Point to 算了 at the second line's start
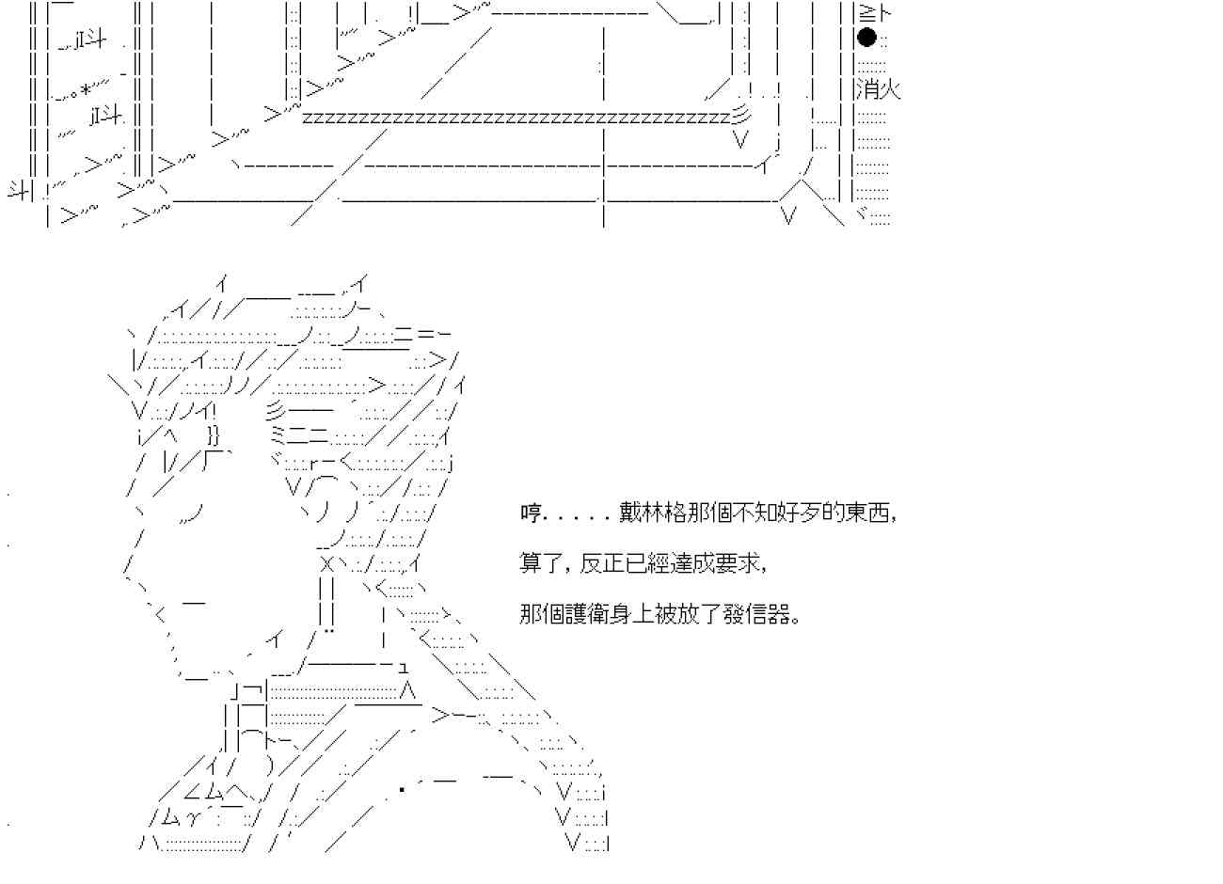click(x=539, y=564)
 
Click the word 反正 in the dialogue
click(x=600, y=564)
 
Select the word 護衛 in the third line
click(x=600, y=615)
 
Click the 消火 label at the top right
click(x=878, y=89)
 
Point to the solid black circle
click(x=866, y=38)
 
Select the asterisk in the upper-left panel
click(x=86, y=89)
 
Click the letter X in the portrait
click(x=326, y=564)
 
